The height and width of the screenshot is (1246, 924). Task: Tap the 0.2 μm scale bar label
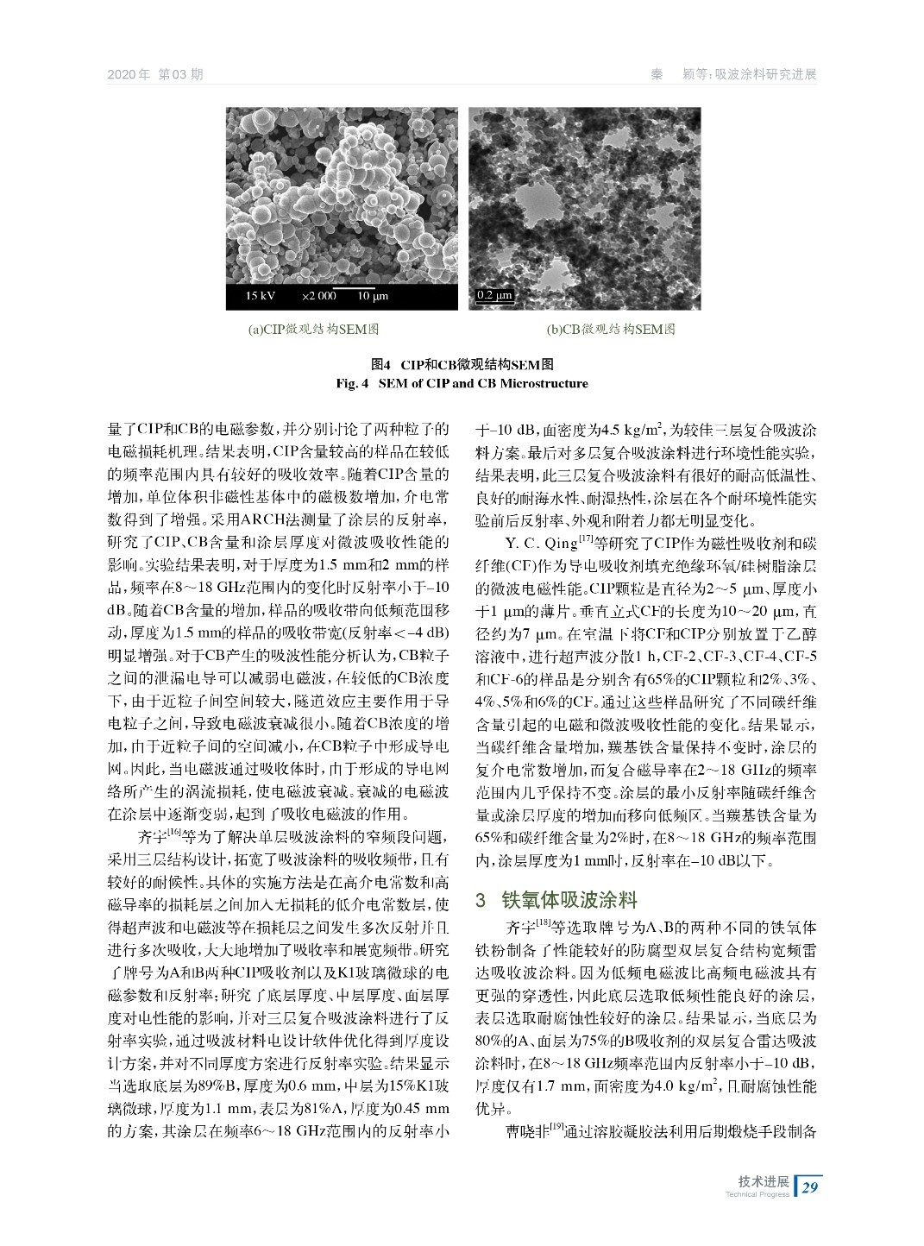click(494, 296)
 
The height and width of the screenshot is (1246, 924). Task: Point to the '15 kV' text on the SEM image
click(260, 296)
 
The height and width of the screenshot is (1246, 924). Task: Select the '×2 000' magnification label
click(318, 296)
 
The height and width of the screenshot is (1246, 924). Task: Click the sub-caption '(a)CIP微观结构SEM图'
click(313, 330)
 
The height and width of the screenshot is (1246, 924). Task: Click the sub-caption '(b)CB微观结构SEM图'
click(611, 330)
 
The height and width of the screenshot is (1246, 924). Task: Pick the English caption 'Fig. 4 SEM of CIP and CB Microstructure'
click(462, 383)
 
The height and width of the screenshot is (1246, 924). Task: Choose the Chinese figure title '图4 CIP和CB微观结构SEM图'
click(462, 366)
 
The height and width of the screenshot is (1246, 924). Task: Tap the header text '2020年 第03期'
click(155, 74)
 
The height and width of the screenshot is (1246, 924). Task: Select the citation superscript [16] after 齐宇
click(173, 833)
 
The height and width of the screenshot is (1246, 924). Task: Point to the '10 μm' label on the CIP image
click(373, 296)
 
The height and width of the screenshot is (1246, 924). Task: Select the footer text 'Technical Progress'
click(758, 1195)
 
